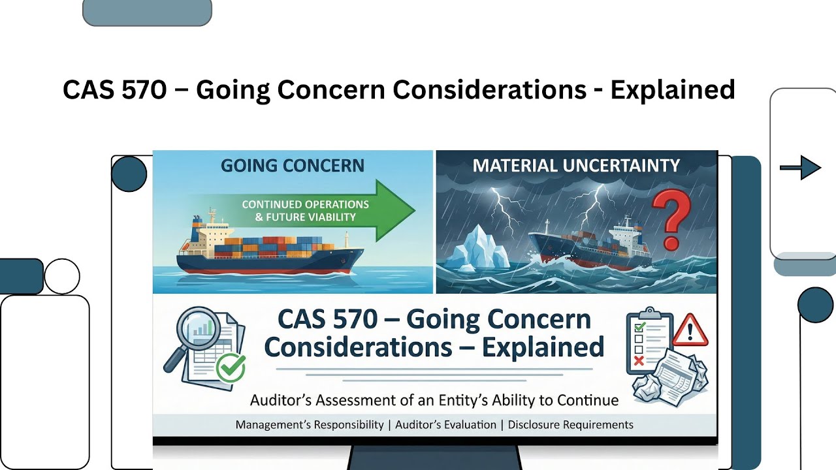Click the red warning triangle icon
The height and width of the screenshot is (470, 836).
[x=690, y=330]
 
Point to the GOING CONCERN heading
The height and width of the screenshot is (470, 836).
[x=292, y=165]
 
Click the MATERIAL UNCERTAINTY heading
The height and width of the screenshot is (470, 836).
[x=576, y=165]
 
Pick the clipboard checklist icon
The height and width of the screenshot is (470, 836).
[x=649, y=341]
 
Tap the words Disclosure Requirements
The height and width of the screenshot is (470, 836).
[x=570, y=425]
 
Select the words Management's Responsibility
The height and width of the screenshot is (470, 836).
[x=310, y=425]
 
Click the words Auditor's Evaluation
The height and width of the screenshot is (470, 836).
[x=445, y=425]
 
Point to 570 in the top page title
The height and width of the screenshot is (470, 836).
[x=144, y=89]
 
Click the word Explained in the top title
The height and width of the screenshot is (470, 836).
[x=673, y=89]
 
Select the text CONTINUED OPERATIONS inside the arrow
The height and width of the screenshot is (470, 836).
[x=305, y=204]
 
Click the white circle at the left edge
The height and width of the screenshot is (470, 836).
[x=61, y=276]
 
